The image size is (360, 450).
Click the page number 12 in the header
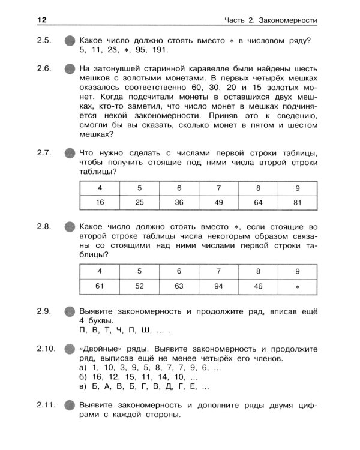[x=41, y=20]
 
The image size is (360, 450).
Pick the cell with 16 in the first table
[x=100, y=203]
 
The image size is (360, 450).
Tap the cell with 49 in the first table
[x=218, y=203]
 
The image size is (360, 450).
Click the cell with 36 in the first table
[x=179, y=203]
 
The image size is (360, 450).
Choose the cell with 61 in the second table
[x=100, y=286]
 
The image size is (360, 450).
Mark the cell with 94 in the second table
[x=218, y=286]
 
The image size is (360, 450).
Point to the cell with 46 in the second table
[x=258, y=286]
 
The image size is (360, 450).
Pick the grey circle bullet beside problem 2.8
[x=70, y=228]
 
